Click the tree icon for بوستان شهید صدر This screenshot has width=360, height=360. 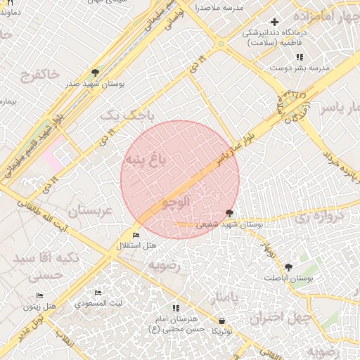pos(96,72)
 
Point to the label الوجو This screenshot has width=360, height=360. pos(176,202)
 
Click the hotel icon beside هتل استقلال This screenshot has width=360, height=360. pos(136,235)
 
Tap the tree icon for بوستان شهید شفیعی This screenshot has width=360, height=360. pos(230,213)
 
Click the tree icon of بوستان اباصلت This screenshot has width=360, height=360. pos(288,267)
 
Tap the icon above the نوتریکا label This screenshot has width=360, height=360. pos(222,321)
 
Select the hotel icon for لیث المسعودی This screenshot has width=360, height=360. pos(98,293)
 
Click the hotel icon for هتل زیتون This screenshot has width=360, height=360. pos(40,296)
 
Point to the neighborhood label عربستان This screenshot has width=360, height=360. pos(90,211)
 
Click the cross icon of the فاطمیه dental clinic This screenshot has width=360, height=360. pos(275,22)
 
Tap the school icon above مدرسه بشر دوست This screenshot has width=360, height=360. pos(300,57)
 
